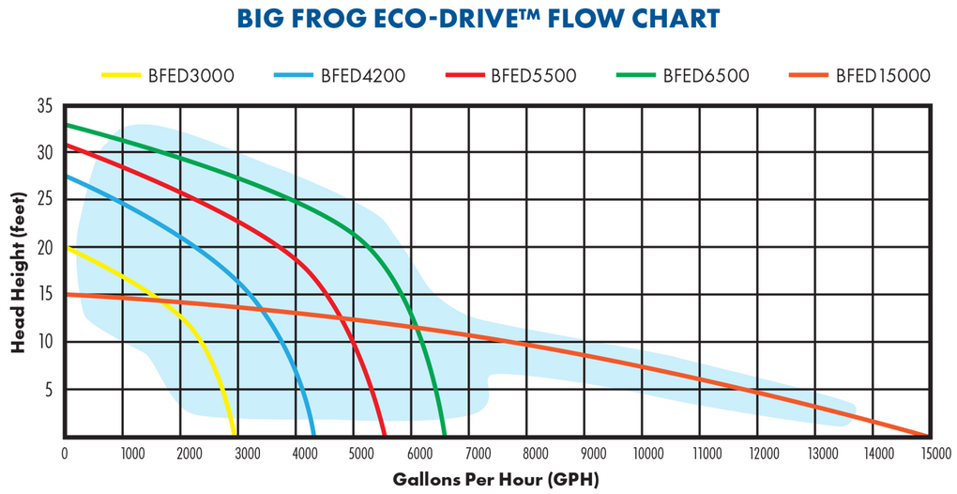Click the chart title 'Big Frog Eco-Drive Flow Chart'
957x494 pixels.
click(x=478, y=19)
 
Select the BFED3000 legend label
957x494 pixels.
click(x=190, y=75)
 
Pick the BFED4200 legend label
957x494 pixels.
click(x=362, y=75)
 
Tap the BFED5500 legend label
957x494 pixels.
click(x=533, y=75)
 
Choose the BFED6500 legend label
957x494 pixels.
click(x=706, y=75)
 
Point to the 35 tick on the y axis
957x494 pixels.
click(x=45, y=106)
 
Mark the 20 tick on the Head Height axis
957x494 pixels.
click(x=45, y=248)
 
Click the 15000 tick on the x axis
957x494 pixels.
click(x=932, y=455)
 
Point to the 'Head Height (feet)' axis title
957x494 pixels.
click(x=18, y=272)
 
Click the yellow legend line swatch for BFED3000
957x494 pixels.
click(x=119, y=75)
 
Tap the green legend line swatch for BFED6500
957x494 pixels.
click(x=634, y=75)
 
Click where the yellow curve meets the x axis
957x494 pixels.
click(x=235, y=436)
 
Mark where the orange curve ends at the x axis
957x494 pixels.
click(x=927, y=436)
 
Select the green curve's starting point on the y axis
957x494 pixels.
click(x=65, y=124)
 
